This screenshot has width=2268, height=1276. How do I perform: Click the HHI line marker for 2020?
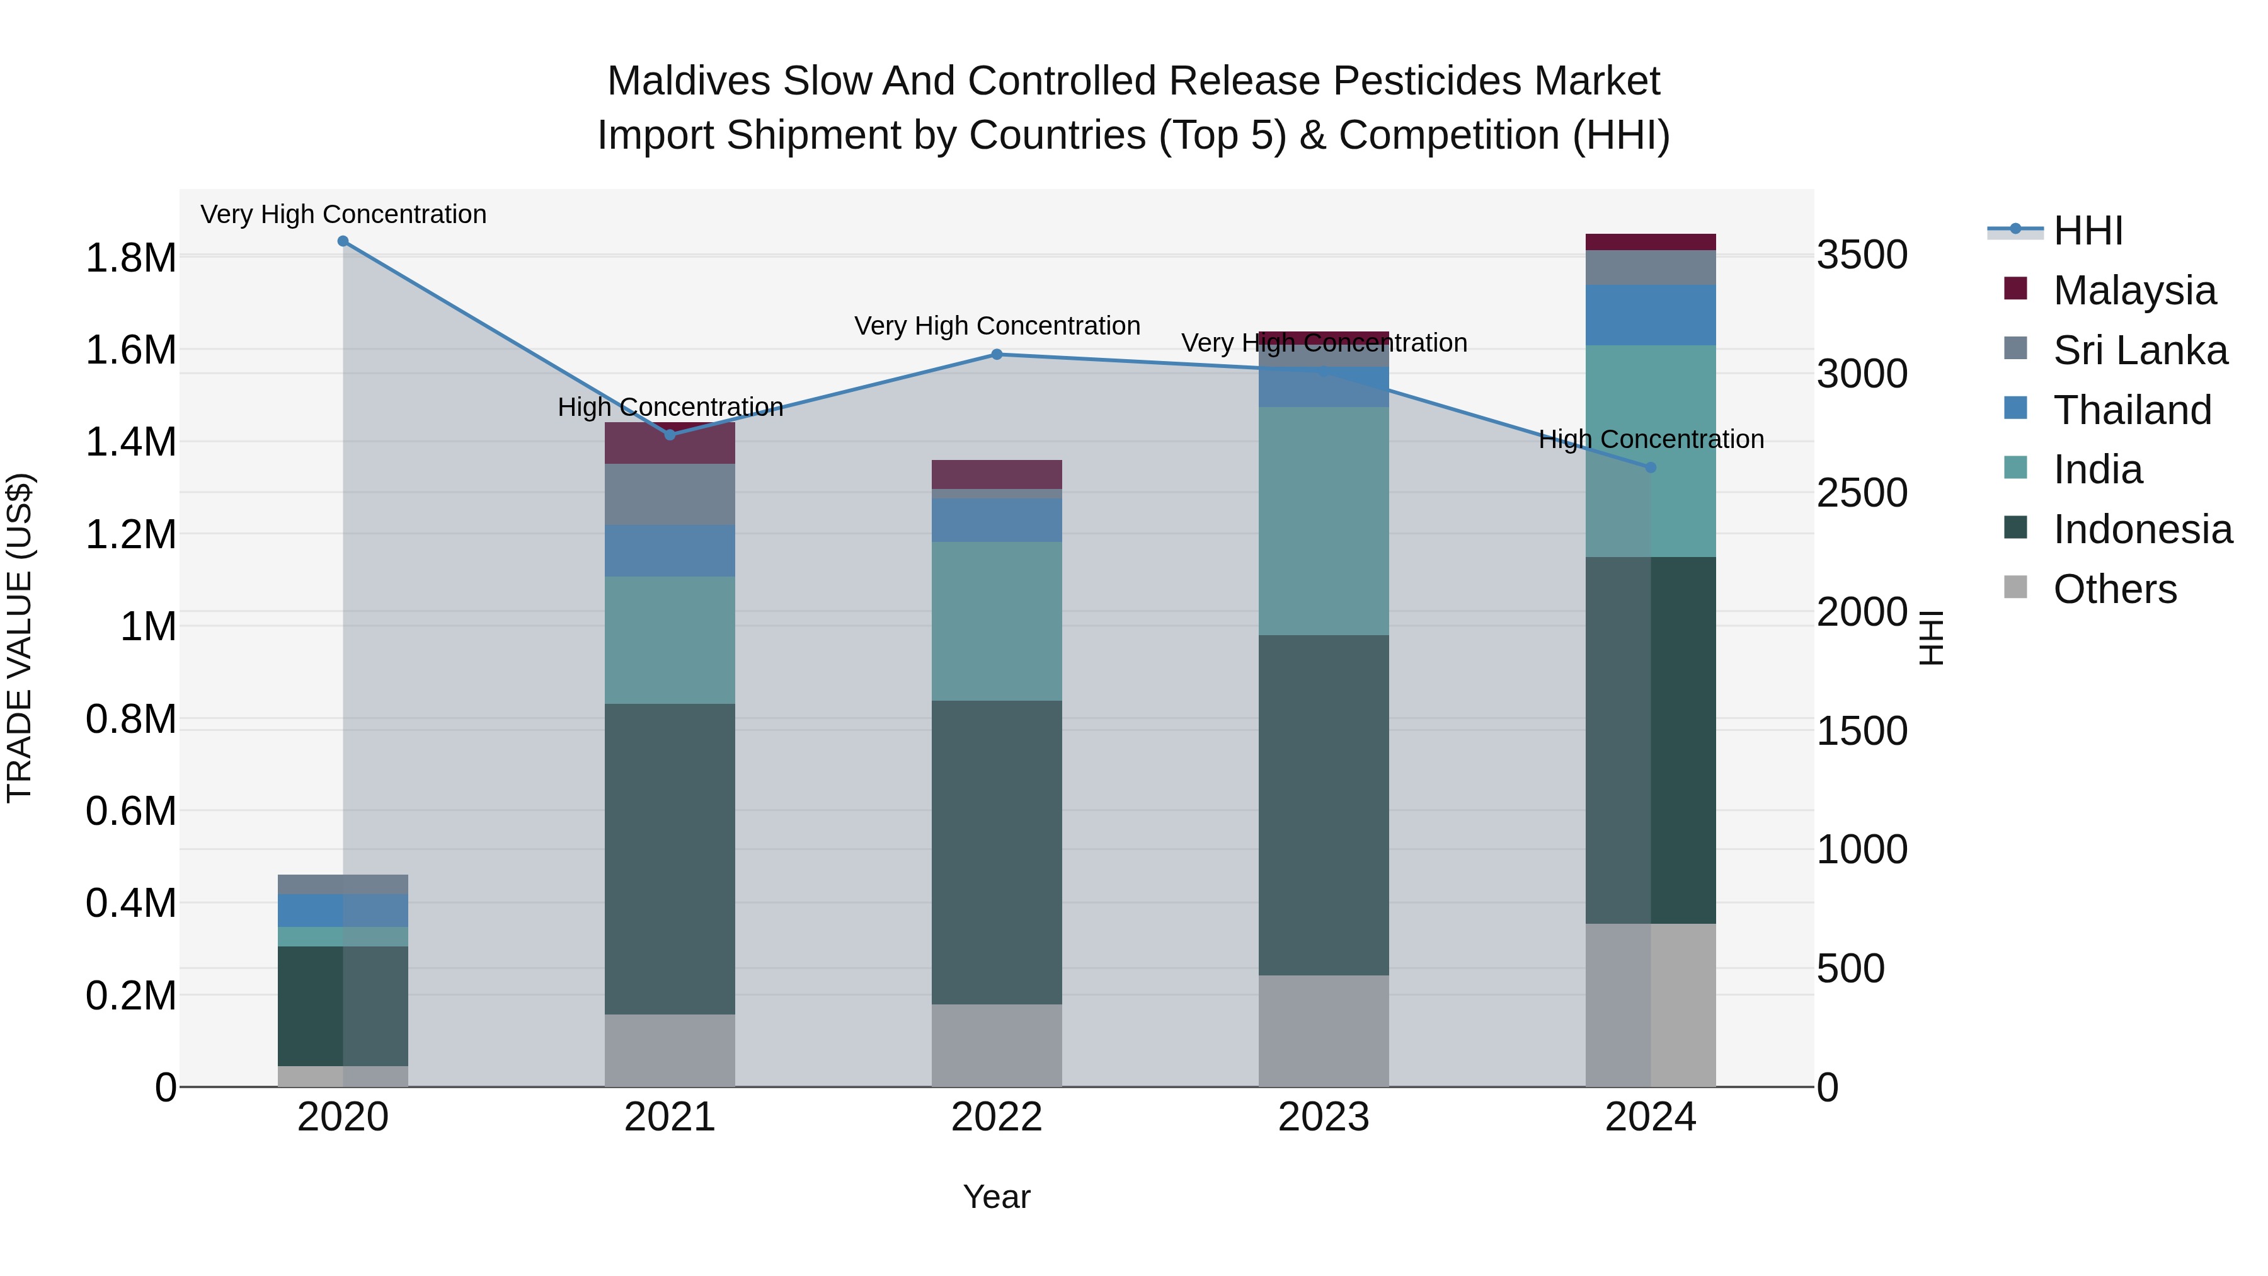pos(343,241)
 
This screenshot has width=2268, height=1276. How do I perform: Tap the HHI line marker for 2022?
pos(997,355)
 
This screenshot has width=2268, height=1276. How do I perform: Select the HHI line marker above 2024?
pos(1651,468)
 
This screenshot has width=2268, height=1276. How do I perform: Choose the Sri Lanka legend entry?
pos(2139,350)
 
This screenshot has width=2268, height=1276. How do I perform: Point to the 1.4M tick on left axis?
pos(130,442)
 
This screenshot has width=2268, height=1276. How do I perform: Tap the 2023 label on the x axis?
pos(1323,1117)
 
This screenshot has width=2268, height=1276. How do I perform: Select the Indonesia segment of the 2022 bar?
pos(997,853)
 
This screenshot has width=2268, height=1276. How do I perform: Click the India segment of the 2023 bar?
pos(1323,521)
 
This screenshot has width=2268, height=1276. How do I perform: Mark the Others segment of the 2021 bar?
pos(670,1050)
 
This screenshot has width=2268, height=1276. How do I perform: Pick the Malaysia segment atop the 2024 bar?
pos(1651,242)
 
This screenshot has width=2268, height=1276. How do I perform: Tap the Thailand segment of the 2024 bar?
pos(1651,315)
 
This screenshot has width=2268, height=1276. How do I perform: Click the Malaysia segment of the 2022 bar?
pos(997,474)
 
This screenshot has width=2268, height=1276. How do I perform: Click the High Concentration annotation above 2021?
pos(670,407)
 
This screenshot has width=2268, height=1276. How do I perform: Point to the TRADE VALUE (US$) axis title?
pos(20,638)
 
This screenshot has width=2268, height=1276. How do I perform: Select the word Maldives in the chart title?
pos(689,82)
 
